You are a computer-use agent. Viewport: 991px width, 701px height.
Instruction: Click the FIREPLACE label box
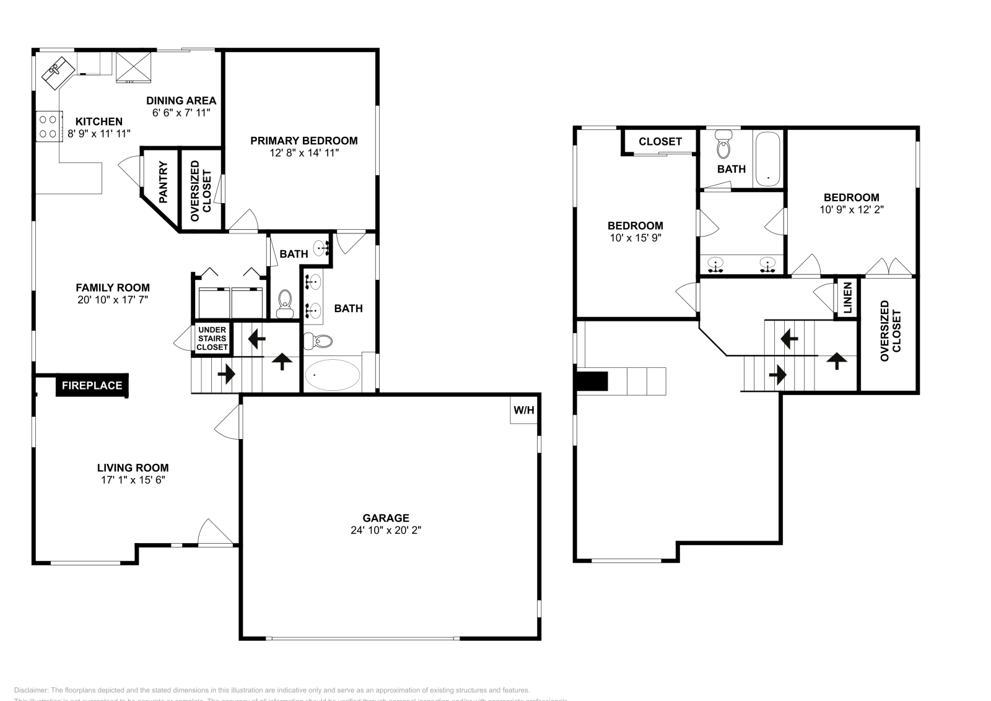point(92,385)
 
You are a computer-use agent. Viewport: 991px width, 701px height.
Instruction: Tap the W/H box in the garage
point(523,410)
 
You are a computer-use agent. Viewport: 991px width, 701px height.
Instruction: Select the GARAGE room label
point(385,518)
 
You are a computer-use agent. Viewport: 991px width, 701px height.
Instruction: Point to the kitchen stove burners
point(48,126)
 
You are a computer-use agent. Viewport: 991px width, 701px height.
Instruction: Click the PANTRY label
point(164,183)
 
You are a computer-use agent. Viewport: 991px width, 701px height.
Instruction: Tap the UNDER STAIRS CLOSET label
point(212,339)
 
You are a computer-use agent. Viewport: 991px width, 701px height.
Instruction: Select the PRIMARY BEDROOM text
point(303,141)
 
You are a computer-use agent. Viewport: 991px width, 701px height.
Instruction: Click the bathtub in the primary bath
point(332,375)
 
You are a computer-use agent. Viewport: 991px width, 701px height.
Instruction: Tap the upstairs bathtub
point(768,159)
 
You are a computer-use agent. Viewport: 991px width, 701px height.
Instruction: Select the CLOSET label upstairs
point(660,141)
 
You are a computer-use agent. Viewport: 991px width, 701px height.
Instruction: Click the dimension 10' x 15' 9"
point(635,238)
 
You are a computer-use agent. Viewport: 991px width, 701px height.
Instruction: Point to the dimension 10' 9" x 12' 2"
point(851,209)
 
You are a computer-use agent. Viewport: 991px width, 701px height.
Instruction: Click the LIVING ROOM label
point(133,468)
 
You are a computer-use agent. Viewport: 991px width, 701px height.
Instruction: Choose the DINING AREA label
point(181,100)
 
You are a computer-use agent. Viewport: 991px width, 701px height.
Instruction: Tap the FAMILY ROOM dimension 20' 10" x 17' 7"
point(112,299)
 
